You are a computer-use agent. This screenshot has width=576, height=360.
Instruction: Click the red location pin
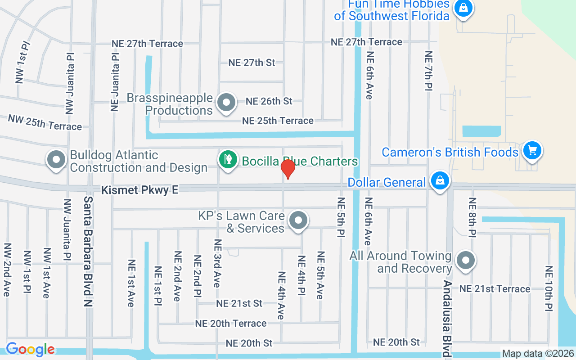pyautogui.click(x=288, y=168)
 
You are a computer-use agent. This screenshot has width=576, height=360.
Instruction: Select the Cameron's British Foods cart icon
pyautogui.click(x=532, y=150)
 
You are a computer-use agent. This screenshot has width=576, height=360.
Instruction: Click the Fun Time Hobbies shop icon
pyautogui.click(x=463, y=8)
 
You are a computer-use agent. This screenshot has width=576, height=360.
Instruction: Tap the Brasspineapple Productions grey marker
pyautogui.click(x=226, y=103)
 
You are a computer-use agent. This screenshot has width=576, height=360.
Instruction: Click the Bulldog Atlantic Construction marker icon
pyautogui.click(x=57, y=160)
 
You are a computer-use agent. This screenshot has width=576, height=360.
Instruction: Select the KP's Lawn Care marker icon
pyautogui.click(x=297, y=221)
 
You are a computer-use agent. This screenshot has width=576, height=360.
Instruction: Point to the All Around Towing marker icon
pyautogui.click(x=465, y=261)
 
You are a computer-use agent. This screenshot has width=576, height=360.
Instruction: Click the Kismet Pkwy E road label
pyautogui.click(x=139, y=190)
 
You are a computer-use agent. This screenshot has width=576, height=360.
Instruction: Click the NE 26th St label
pyautogui.click(x=269, y=101)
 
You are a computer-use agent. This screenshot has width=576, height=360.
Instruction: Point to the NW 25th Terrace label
pyautogui.click(x=45, y=122)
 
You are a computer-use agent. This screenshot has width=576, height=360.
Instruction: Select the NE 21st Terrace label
pyautogui.click(x=495, y=289)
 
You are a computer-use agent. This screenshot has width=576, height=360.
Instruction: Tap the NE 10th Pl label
pyautogui.click(x=549, y=288)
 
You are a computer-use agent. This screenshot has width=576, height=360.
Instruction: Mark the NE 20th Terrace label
pyautogui.click(x=230, y=324)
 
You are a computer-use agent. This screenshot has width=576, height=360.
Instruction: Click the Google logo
pyautogui.click(x=30, y=349)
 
